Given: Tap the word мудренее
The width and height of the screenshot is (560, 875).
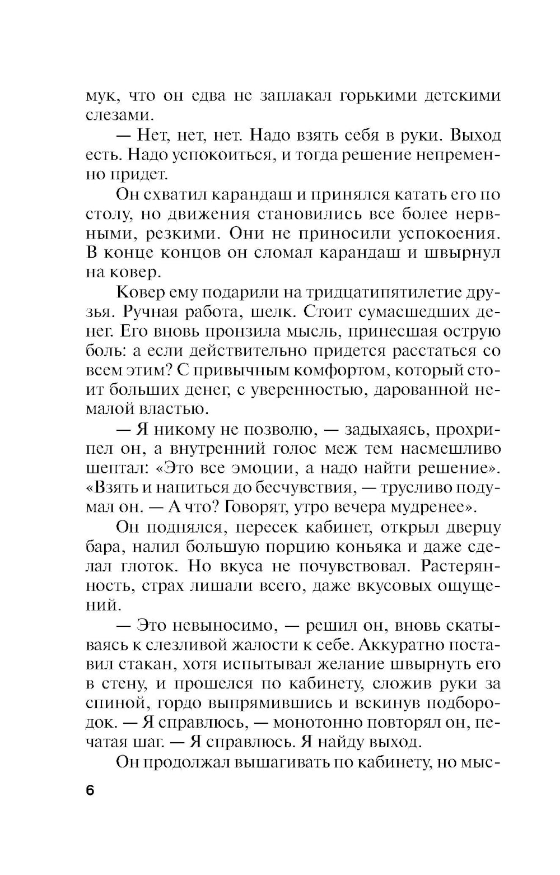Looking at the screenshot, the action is coord(426,508).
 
